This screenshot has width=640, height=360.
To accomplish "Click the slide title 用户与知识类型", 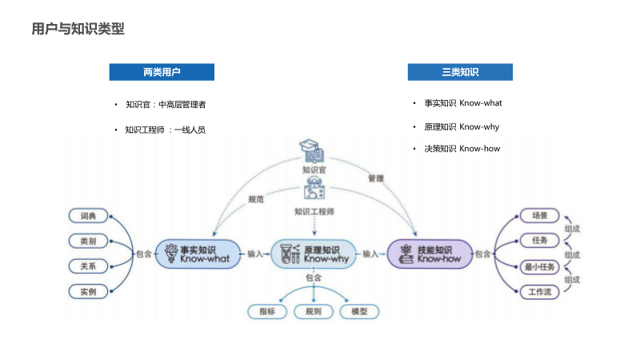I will click(x=78, y=30).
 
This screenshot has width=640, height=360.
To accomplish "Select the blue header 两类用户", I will click(x=162, y=72).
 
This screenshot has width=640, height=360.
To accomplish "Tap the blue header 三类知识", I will click(x=460, y=72).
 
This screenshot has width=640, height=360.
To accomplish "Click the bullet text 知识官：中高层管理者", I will click(x=166, y=104).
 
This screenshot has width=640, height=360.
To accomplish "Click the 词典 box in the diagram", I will click(x=88, y=216).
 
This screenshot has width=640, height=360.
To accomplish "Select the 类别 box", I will click(x=88, y=241).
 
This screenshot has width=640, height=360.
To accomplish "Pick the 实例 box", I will click(x=88, y=292).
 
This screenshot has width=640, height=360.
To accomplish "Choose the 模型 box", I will click(x=359, y=311).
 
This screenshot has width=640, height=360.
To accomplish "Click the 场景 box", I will click(x=534, y=215).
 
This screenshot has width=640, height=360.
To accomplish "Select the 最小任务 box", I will click(x=534, y=266).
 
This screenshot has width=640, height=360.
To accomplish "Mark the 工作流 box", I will click(x=534, y=292).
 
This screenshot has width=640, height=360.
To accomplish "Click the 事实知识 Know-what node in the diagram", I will click(x=197, y=254).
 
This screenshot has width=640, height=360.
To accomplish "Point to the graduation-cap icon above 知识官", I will click(x=313, y=150).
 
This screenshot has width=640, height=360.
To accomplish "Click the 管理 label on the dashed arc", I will click(x=376, y=178).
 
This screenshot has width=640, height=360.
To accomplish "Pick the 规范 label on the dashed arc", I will click(x=256, y=199).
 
